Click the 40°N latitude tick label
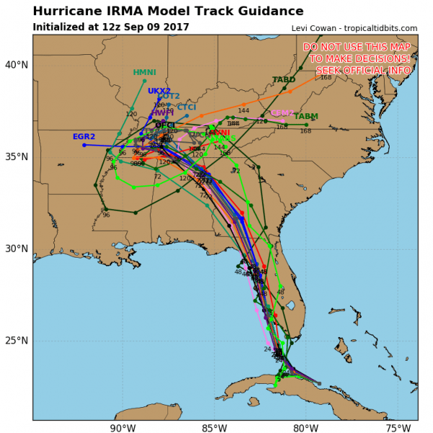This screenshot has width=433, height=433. tap(16, 65)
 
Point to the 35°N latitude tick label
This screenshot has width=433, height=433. tap(16, 157)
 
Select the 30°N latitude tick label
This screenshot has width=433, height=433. tap(16, 249)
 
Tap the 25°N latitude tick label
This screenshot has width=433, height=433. tap(16, 341)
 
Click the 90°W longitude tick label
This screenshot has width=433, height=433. tap(123, 427)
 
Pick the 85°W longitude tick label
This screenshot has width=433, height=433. tap(214, 427)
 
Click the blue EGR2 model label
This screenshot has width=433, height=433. tap(84, 136)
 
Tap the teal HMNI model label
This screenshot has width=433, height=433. tap(144, 72)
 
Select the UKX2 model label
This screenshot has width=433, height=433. tap(159, 91)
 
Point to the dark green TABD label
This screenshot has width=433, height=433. tap(284, 79)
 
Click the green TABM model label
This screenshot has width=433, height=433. tap(306, 116)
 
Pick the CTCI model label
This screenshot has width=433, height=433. tap(186, 108)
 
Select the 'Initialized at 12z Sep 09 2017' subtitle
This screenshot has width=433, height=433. tap(111, 27)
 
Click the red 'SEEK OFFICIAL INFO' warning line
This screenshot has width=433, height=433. tap(364, 70)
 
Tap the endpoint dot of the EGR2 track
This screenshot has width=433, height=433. tap(84, 145)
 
